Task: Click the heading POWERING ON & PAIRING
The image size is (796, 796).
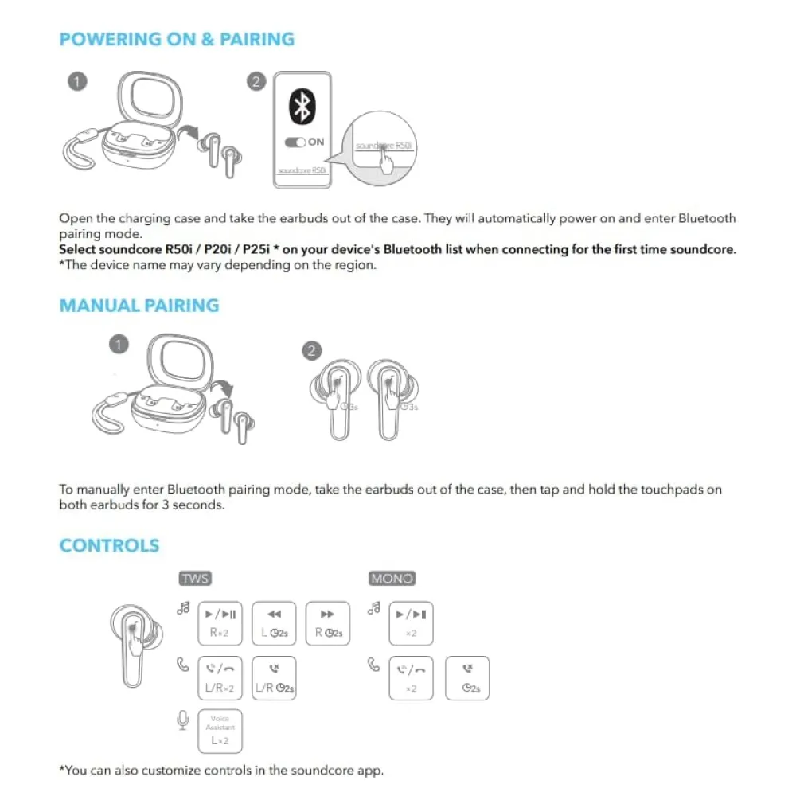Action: point(177,39)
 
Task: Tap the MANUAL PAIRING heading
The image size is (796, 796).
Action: point(139,306)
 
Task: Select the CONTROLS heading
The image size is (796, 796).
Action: point(109,545)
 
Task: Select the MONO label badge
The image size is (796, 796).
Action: point(392,579)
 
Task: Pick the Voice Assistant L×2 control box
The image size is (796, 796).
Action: point(220,731)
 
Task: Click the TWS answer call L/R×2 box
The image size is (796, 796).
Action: point(220,678)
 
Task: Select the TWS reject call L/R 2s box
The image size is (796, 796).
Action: point(274,678)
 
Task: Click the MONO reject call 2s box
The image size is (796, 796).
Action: point(467,678)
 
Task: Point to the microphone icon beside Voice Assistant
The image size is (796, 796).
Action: point(182,720)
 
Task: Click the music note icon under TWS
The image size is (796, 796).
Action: point(183,609)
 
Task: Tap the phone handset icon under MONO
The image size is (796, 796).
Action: point(373,663)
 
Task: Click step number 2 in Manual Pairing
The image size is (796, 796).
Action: point(313,350)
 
